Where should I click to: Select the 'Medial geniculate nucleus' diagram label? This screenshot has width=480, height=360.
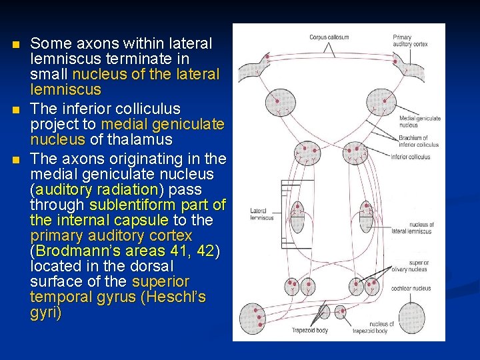[420, 121]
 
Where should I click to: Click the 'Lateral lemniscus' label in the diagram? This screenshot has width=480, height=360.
[258, 213]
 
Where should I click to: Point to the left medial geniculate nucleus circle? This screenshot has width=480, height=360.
[280, 103]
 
